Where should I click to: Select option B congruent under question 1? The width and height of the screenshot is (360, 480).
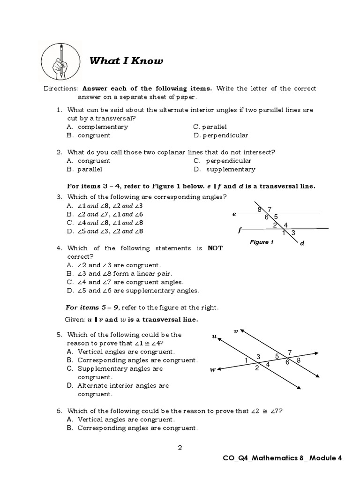(x=89, y=135)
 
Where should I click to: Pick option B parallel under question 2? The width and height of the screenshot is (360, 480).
(x=84, y=169)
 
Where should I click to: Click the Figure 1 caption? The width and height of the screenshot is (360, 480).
(x=259, y=242)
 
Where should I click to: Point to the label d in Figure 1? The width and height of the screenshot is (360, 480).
(x=302, y=243)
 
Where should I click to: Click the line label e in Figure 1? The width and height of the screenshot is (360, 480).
(x=234, y=214)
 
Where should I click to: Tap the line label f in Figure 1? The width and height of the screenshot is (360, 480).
(x=240, y=230)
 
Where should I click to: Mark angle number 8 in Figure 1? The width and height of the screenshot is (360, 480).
(x=259, y=210)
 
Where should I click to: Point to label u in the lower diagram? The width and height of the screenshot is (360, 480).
(x=214, y=336)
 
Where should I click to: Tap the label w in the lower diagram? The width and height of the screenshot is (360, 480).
(x=213, y=370)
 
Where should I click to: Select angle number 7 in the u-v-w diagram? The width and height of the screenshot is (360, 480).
(x=290, y=352)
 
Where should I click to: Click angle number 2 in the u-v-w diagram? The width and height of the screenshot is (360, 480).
(x=257, y=368)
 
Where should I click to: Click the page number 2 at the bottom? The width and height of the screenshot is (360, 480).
(x=180, y=447)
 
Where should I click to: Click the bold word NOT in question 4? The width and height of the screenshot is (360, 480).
(x=215, y=248)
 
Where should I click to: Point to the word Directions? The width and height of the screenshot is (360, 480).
(x=61, y=89)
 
